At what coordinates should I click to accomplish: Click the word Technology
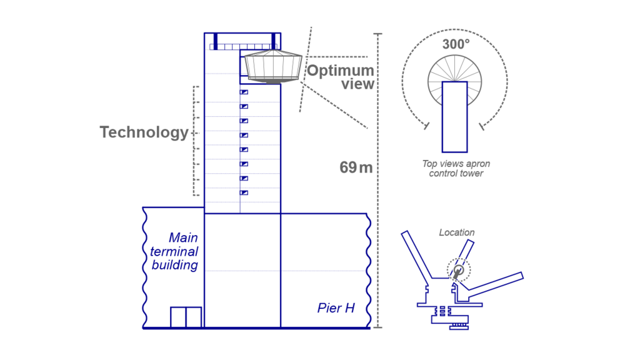tap(144, 132)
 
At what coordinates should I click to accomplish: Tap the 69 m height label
tap(356, 167)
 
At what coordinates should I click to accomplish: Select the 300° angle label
tap(455, 44)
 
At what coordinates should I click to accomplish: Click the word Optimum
tap(340, 70)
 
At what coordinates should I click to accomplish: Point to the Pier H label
tap(336, 308)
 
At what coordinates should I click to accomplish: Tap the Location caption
tap(456, 232)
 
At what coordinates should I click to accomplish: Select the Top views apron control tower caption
tap(456, 169)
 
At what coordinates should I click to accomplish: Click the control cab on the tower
tap(272, 66)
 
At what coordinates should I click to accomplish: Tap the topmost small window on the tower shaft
tap(244, 92)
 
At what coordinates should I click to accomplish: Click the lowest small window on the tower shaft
tap(244, 192)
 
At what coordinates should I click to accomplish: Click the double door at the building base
tap(186, 317)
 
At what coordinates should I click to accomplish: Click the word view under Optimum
tap(357, 84)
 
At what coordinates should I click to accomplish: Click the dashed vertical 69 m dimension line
tap(377, 187)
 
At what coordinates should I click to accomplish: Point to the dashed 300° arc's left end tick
tap(426, 126)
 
